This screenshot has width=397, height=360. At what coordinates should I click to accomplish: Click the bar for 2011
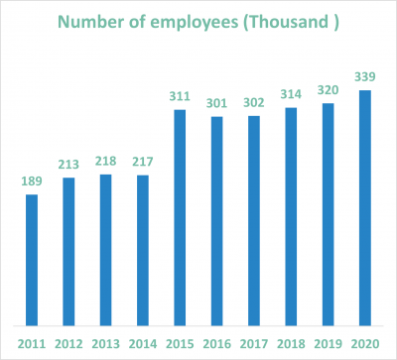pyautogui.click(x=32, y=260)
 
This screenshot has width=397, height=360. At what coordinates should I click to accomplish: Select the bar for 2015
pyautogui.click(x=181, y=217)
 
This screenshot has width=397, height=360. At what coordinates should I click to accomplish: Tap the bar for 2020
pyautogui.click(x=366, y=207)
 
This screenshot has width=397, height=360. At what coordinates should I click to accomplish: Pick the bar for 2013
pyautogui.click(x=106, y=250)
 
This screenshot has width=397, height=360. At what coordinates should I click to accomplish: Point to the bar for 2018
pyautogui.click(x=292, y=216)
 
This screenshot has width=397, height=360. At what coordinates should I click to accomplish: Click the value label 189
pyautogui.click(x=32, y=181)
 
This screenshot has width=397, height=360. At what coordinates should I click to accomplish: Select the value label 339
pyautogui.click(x=366, y=77)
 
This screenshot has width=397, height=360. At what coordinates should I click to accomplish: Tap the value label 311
pyautogui.click(x=181, y=96)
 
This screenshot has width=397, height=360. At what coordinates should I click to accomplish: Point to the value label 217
pyautogui.click(x=143, y=163)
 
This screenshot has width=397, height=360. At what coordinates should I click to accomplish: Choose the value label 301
pyautogui.click(x=217, y=103)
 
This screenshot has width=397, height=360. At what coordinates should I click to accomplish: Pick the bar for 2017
pyautogui.click(x=255, y=220)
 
